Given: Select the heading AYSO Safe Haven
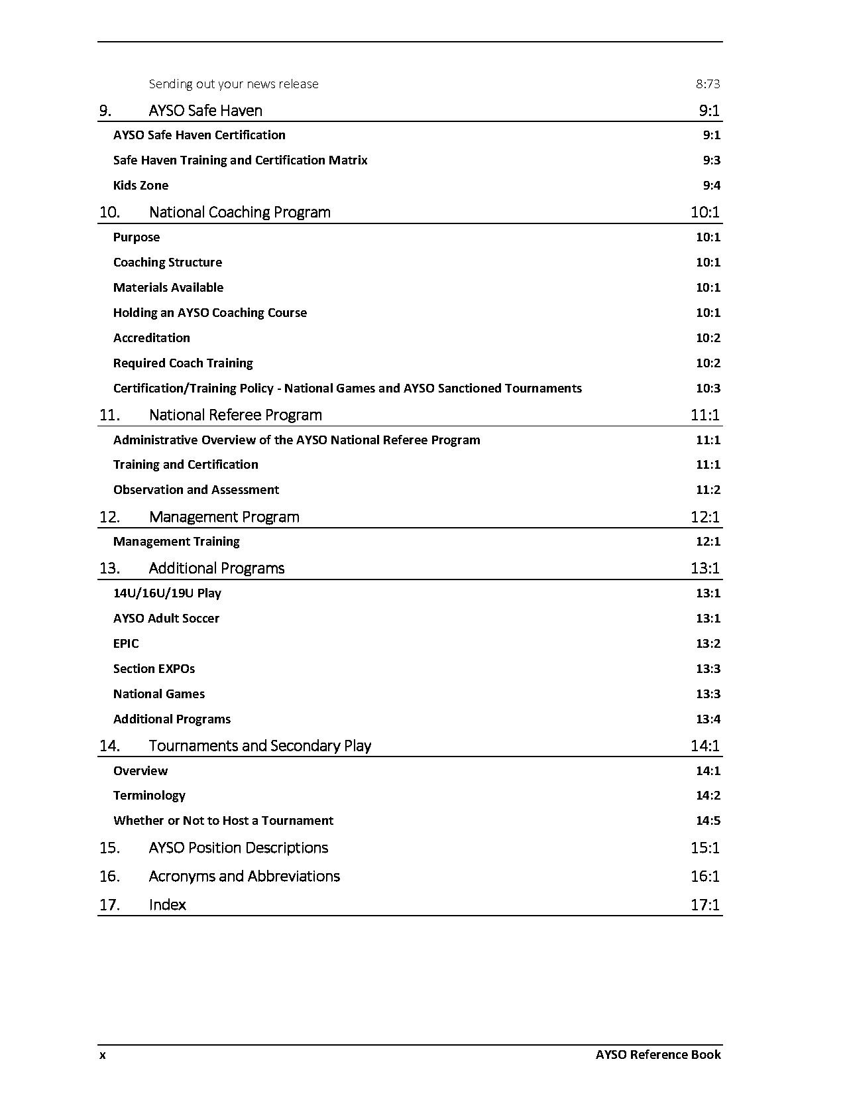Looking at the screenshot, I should [205, 111].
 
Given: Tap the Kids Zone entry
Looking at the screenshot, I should [141, 186].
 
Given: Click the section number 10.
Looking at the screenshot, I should [109, 212].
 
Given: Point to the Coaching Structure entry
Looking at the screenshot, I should [168, 263].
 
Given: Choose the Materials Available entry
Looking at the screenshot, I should [168, 288].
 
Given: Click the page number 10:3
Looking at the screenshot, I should [708, 389].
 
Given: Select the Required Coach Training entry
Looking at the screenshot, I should [183, 363].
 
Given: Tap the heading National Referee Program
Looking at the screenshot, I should [235, 415].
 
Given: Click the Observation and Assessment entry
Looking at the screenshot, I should [196, 490].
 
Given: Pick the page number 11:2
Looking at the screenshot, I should [708, 490].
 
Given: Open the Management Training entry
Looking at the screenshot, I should [176, 542].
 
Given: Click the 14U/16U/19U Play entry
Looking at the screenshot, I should [167, 593].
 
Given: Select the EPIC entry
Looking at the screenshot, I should [126, 644].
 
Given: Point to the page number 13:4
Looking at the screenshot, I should [708, 719].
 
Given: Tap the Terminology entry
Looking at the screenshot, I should [149, 796].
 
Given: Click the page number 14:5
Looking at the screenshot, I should [708, 821].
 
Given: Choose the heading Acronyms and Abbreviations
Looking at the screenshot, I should [244, 877].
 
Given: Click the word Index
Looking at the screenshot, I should [167, 905].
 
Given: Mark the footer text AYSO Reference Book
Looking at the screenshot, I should [657, 1055].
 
